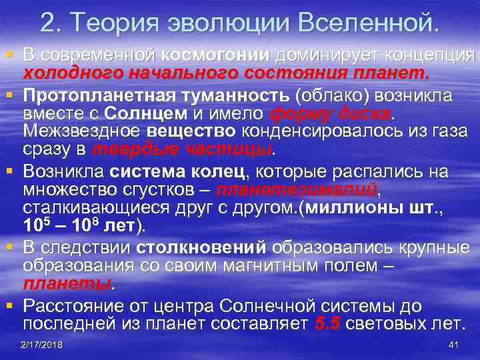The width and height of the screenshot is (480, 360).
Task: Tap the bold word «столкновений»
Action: click(x=201, y=247)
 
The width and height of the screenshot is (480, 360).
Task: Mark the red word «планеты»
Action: click(x=66, y=284)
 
